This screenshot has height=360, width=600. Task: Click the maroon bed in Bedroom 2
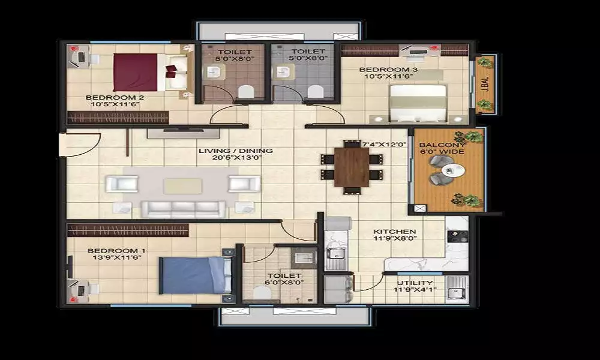click(x=150, y=73)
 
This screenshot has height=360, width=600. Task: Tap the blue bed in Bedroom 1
click(x=195, y=275)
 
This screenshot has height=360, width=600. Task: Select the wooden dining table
click(x=351, y=167)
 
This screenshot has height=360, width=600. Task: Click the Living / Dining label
click(x=235, y=151)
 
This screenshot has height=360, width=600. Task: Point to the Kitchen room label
click(x=395, y=232)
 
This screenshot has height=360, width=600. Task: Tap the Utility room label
click(x=415, y=283)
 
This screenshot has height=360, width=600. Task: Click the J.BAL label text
click(x=486, y=84)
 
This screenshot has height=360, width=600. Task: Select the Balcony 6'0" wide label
click(x=442, y=148)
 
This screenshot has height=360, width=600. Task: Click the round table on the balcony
click(x=453, y=170)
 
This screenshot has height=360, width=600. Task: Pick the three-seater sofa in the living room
click(x=183, y=209)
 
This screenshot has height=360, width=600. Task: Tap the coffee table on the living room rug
click(x=183, y=186)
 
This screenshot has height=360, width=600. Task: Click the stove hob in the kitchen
click(x=457, y=236)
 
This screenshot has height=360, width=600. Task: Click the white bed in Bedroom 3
click(x=418, y=103)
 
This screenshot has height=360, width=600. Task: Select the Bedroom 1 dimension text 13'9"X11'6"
click(x=117, y=257)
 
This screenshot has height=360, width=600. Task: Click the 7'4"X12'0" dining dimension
click(x=384, y=145)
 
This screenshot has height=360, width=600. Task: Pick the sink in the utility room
click(x=456, y=287)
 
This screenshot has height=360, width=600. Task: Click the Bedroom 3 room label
click(x=388, y=70)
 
